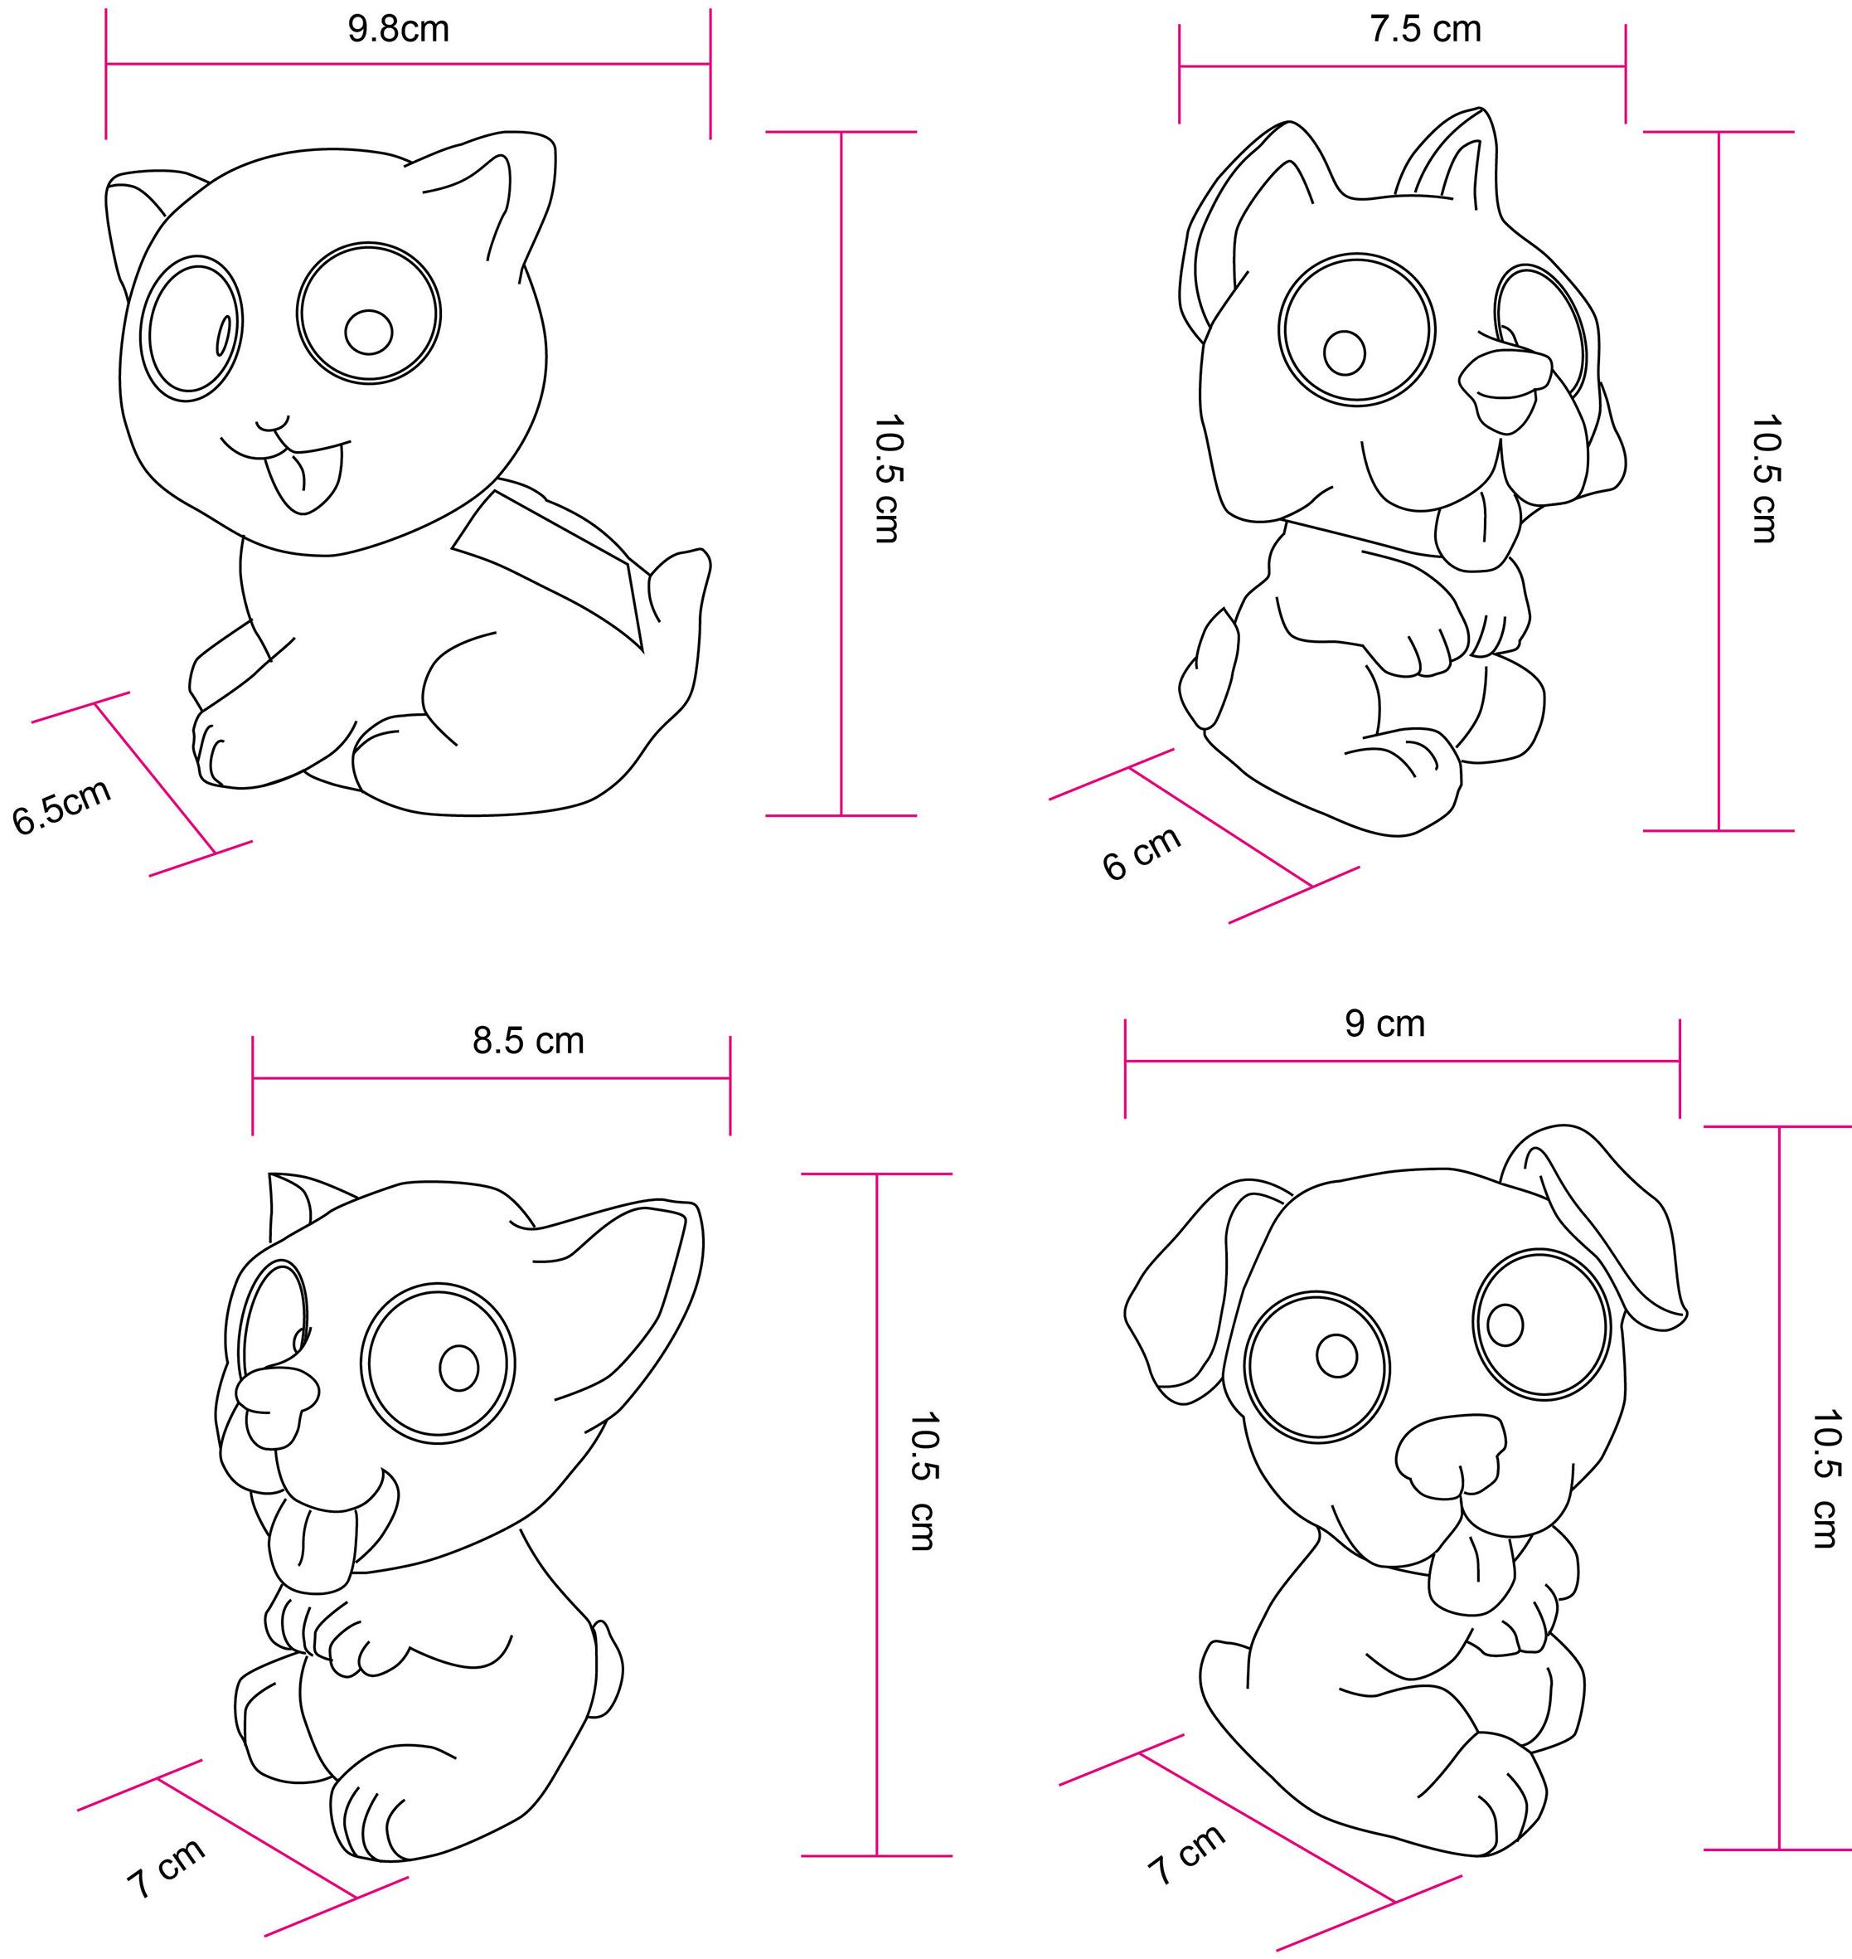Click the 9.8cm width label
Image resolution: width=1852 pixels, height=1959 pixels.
pyautogui.click(x=398, y=30)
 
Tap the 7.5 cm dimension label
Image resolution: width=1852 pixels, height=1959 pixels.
pyautogui.click(x=1426, y=30)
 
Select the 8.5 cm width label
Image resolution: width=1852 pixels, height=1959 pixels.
pyautogui.click(x=528, y=1041)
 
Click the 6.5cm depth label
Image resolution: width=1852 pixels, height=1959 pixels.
pyautogui.click(x=61, y=807)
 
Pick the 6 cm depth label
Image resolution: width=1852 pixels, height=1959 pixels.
pyautogui.click(x=1142, y=852)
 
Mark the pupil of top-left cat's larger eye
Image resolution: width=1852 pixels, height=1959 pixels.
pyautogui.click(x=369, y=332)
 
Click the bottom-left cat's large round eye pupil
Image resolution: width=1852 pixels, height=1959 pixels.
pyautogui.click(x=458, y=1367)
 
